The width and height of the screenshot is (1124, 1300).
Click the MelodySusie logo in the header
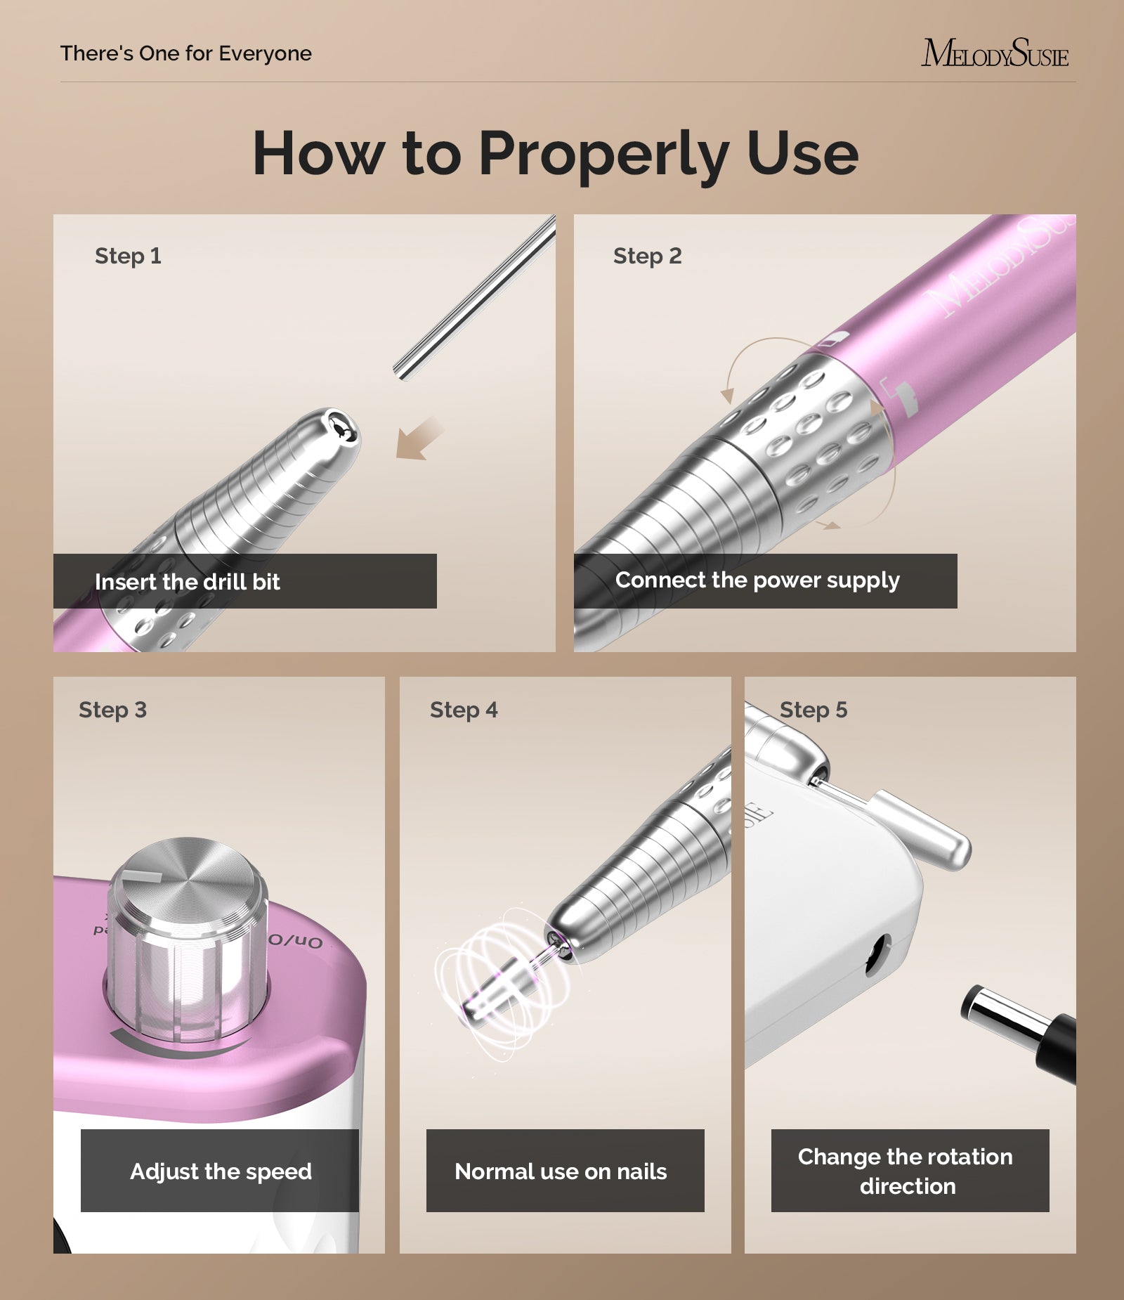pyautogui.click(x=994, y=53)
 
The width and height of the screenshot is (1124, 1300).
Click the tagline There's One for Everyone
pyautogui.click(x=185, y=53)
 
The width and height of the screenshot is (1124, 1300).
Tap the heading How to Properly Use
pyautogui.click(x=555, y=153)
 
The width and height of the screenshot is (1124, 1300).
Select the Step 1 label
pyautogui.click(x=128, y=256)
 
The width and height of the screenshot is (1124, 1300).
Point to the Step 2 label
pyautogui.click(x=647, y=256)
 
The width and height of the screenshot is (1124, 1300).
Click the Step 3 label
pyautogui.click(x=112, y=710)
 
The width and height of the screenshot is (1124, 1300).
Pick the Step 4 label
pyautogui.click(x=463, y=710)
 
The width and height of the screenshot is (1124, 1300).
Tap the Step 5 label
pyautogui.click(x=813, y=710)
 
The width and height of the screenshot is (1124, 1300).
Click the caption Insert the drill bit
pyautogui.click(x=187, y=582)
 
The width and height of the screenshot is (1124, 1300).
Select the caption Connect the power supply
pyautogui.click(x=757, y=580)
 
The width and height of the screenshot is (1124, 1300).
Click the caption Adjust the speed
pyautogui.click(x=221, y=1171)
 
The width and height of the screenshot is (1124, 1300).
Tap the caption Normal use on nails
pyautogui.click(x=561, y=1171)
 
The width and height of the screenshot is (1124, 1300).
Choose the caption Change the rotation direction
pyautogui.click(x=906, y=1171)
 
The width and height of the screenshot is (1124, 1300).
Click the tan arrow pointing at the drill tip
pyautogui.click(x=419, y=439)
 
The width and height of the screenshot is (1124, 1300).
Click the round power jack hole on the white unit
pyautogui.click(x=876, y=954)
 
